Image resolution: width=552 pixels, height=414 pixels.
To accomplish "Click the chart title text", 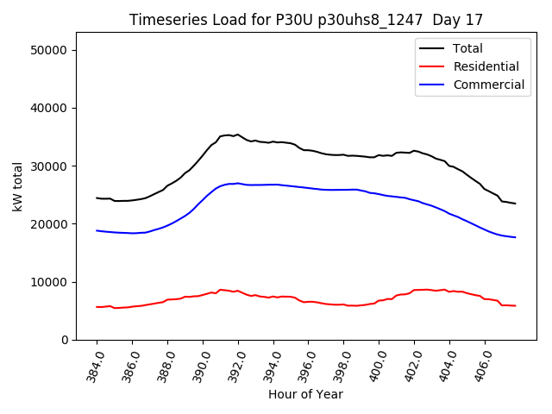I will click(x=306, y=20).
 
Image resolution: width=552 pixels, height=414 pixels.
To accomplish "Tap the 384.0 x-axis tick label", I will click(x=95, y=363).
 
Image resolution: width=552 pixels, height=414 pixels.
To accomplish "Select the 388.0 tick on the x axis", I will click(x=166, y=363).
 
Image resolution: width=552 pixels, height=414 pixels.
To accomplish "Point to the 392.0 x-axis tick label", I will click(x=236, y=363).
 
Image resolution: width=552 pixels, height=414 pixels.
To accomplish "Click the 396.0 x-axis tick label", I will click(x=306, y=363).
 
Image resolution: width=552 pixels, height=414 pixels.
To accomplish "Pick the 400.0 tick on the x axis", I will click(x=377, y=363).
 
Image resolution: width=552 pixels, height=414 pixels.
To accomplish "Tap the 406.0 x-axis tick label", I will click(x=483, y=363).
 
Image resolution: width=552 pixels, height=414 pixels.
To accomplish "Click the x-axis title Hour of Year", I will click(x=305, y=395).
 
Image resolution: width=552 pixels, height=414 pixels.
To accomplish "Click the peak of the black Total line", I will click(x=238, y=135).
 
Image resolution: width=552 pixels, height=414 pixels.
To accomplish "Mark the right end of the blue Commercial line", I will click(x=515, y=237).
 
